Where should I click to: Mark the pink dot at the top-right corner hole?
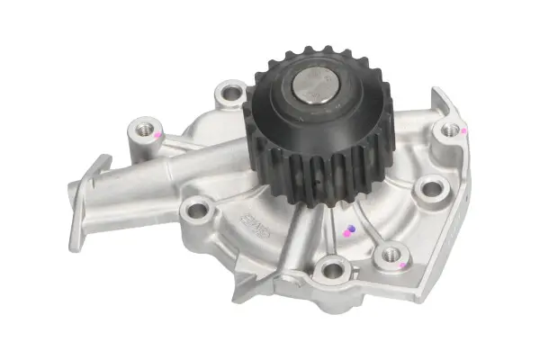(x=463, y=131)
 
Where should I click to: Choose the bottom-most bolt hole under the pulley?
(x=332, y=267)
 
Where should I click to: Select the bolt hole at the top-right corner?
(x=450, y=131)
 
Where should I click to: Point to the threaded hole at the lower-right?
(x=391, y=255)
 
